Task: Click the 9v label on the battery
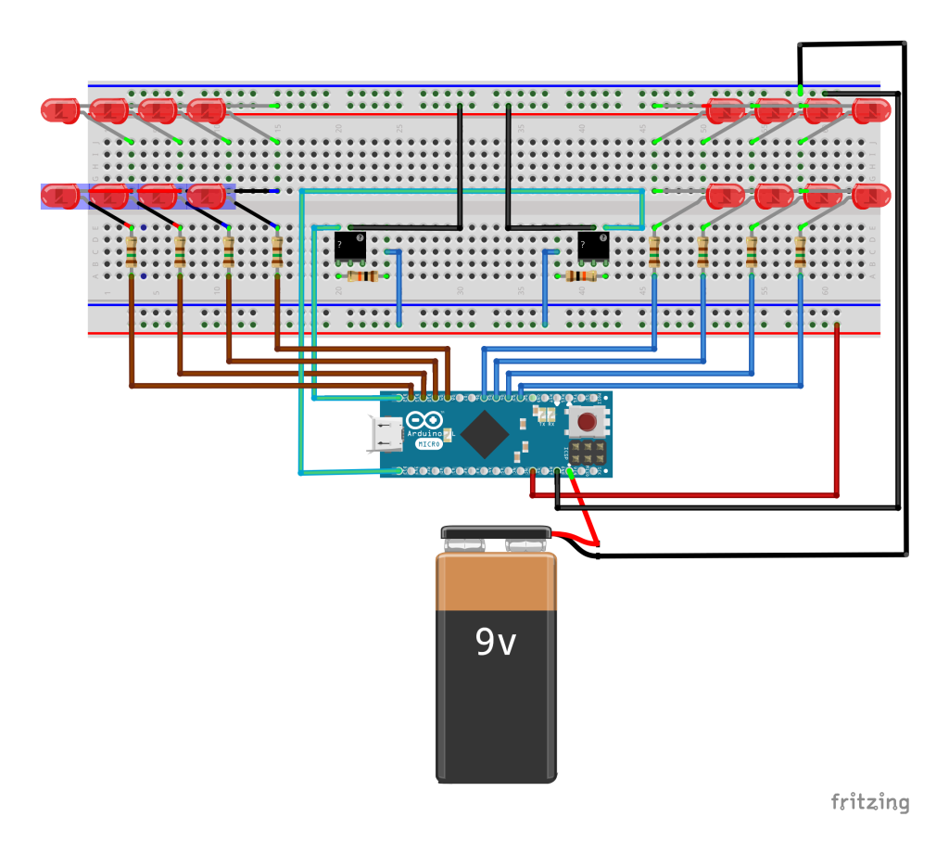[496, 642]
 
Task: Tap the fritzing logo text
[869, 802]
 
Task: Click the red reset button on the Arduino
[587, 424]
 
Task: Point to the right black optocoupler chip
[594, 246]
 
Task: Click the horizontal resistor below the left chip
[362, 275]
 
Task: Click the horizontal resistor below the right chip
[580, 275]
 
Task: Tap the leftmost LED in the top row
[60, 110]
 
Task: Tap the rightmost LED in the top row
[871, 111]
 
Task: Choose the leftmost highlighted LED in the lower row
[60, 196]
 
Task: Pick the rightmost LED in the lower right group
[871, 197]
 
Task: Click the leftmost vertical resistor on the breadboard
[131, 251]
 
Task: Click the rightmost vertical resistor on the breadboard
[800, 251]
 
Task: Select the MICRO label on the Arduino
[427, 444]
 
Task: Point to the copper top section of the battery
[497, 582]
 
